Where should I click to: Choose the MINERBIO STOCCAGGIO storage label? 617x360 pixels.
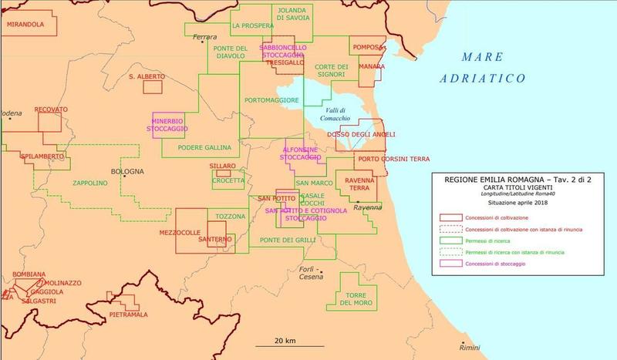click(169, 125)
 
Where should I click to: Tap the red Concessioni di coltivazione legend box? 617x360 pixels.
click(450, 218)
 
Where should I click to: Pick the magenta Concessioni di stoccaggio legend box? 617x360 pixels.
click(450, 264)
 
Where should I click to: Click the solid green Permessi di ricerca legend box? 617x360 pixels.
click(450, 241)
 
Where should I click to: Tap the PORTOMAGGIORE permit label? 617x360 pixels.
click(271, 101)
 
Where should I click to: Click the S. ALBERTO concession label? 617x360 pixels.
click(147, 77)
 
